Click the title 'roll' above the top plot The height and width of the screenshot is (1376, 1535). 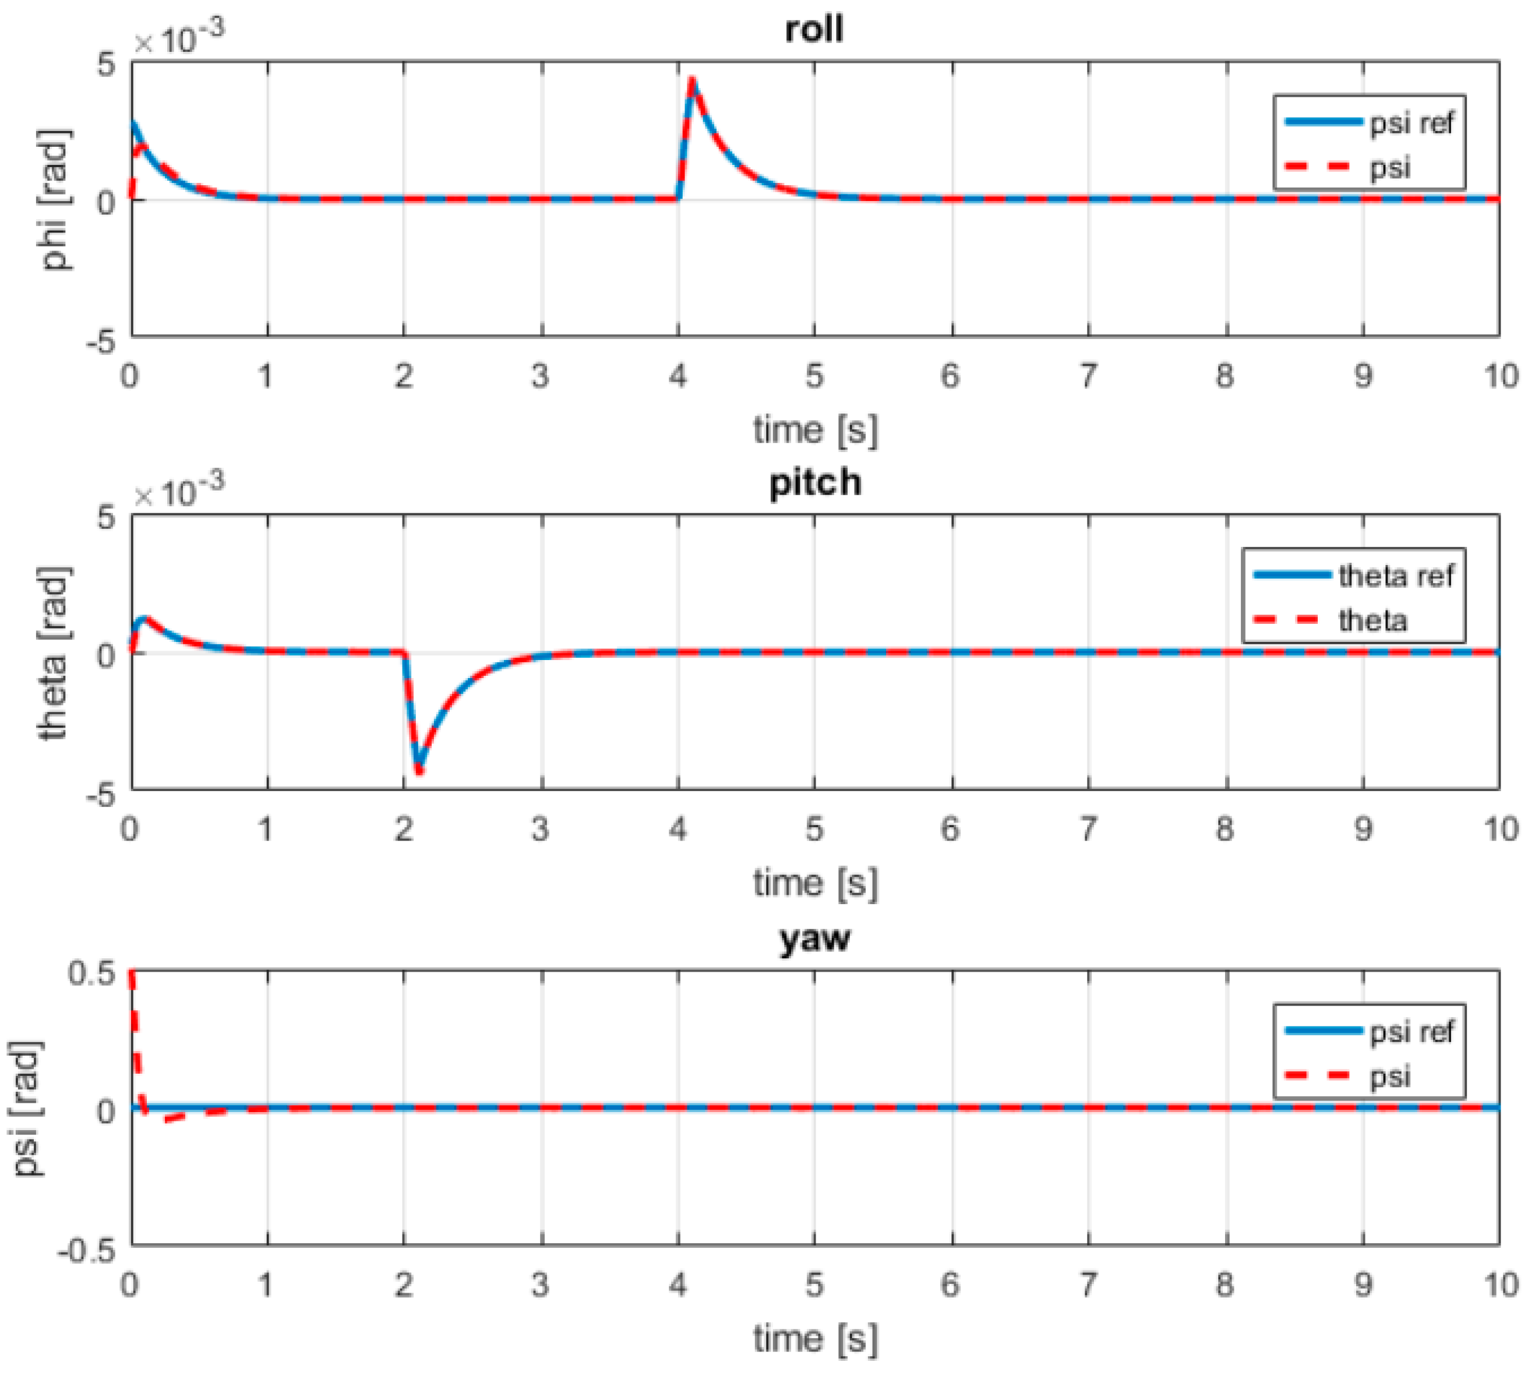[814, 30]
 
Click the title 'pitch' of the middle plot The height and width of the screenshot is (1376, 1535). [814, 482]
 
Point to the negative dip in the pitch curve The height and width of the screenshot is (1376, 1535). [419, 770]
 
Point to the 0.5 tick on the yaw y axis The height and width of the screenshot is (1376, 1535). [91, 973]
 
